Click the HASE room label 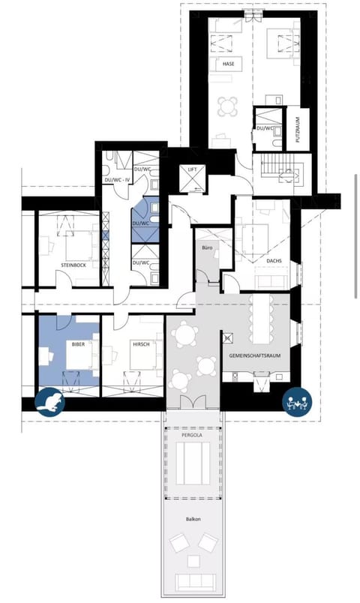tap(229, 64)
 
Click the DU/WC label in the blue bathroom tap(140, 223)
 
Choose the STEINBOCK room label tap(76, 265)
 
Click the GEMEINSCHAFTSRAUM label tap(255, 356)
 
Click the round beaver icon tap(50, 403)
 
